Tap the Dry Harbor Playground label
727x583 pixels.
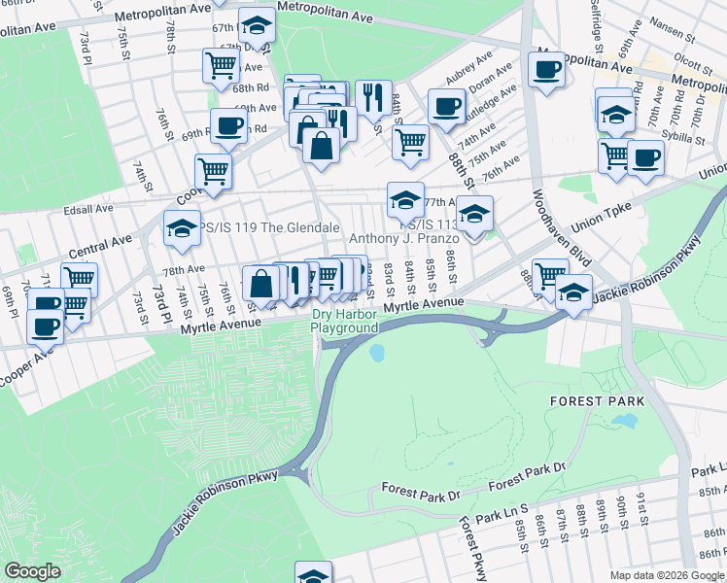coord(344,321)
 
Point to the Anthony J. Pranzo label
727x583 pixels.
coord(397,238)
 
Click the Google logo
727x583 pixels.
coord(32,570)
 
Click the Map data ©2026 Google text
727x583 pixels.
coord(667,575)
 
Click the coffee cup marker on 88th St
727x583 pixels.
coord(446,107)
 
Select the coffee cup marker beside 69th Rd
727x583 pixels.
coord(228,125)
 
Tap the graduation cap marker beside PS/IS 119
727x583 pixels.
coord(182,228)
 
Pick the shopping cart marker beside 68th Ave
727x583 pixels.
coord(222,65)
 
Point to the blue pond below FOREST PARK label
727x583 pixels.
coord(623,423)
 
